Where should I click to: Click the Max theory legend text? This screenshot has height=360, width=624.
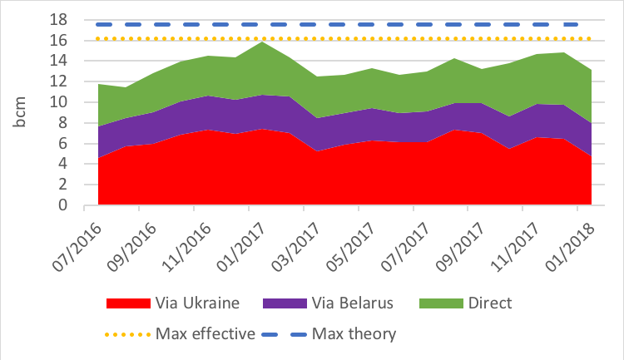click(x=354, y=334)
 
